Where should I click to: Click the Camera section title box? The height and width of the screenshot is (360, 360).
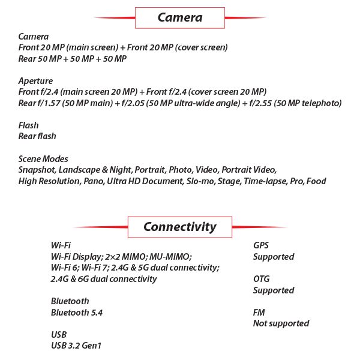(180, 17)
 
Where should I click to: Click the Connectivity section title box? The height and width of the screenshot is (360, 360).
(180, 227)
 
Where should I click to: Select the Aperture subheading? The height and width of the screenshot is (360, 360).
(35, 81)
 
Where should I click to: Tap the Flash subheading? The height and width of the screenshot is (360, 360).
(28, 125)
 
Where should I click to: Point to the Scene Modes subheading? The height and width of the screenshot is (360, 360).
(43, 159)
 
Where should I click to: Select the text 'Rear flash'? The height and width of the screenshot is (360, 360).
(37, 136)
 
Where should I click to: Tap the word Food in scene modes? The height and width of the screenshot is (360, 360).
(316, 181)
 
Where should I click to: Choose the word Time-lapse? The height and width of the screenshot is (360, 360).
(265, 181)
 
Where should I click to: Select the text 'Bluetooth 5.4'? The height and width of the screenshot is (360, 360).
(77, 313)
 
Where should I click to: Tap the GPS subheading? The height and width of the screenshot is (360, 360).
(261, 245)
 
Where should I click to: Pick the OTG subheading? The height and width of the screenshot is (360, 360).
(262, 279)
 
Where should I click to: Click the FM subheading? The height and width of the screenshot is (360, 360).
(259, 313)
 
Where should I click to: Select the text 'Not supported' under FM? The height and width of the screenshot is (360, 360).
(281, 324)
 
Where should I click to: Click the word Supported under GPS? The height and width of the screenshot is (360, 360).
(274, 257)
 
